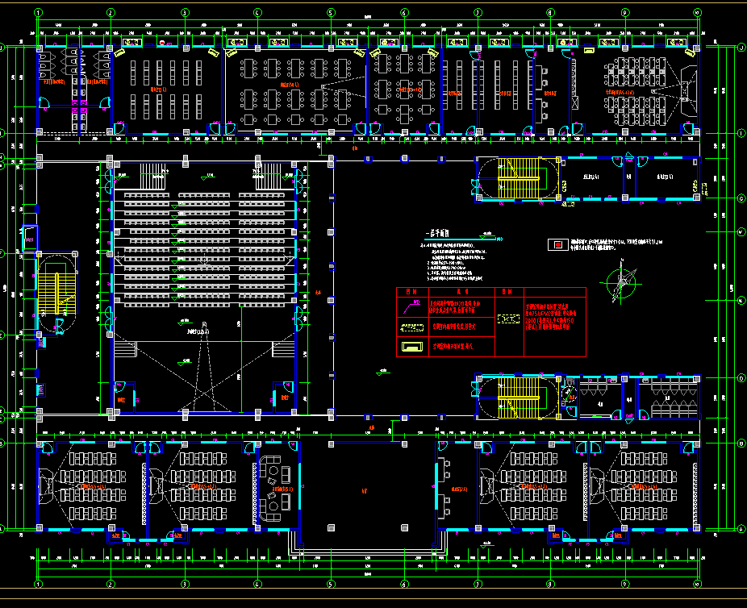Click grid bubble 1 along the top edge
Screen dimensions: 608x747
[x=37, y=12]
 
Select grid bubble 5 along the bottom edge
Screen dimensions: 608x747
[x=331, y=584]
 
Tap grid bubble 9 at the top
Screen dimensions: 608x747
[x=624, y=12]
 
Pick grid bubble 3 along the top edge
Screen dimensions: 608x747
[x=184, y=12]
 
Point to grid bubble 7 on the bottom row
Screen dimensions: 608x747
[x=478, y=584]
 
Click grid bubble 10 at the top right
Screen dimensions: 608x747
[x=698, y=12]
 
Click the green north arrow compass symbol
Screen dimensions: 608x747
[x=620, y=281]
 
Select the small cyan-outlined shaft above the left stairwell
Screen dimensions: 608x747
[x=30, y=235]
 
